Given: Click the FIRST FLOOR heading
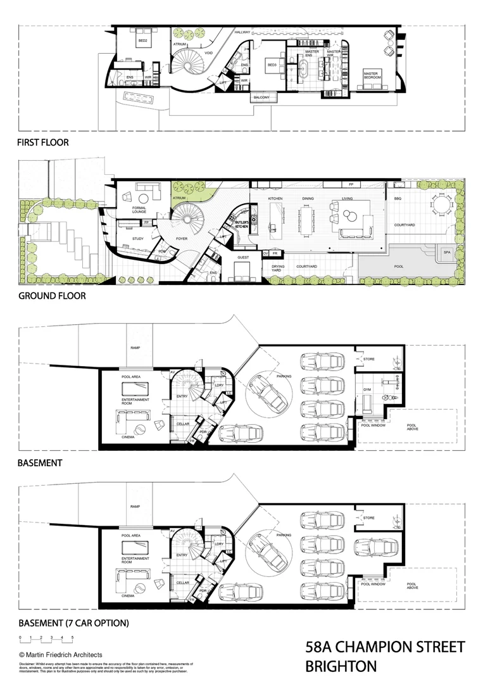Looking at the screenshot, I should (42, 142).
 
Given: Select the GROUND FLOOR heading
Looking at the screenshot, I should (52, 296).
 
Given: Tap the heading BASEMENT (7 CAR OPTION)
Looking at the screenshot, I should (73, 623).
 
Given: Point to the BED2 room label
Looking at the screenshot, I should (143, 41).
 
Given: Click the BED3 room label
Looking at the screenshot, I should (273, 65).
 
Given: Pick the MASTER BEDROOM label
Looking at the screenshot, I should (371, 75).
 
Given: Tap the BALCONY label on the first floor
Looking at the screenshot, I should (261, 98).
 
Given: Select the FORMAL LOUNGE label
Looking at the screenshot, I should (140, 210).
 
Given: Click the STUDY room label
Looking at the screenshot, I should (138, 239).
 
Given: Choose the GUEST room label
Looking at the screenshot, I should (243, 258).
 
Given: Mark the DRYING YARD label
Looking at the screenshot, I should (279, 269).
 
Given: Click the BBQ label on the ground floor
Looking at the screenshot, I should (398, 199).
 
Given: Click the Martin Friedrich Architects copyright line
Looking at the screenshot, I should (61, 654).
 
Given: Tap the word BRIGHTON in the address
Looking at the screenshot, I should (341, 666).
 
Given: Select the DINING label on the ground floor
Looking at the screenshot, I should (308, 199).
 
